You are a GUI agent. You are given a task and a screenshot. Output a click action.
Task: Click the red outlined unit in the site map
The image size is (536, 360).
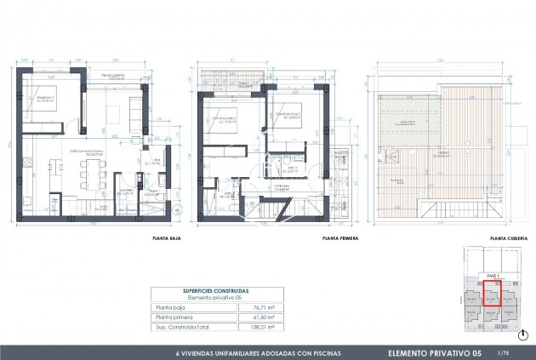493,292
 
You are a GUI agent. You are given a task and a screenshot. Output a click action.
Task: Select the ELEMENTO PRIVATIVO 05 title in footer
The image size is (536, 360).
434,352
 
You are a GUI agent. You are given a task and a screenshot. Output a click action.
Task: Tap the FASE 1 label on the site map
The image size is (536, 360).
491,277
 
